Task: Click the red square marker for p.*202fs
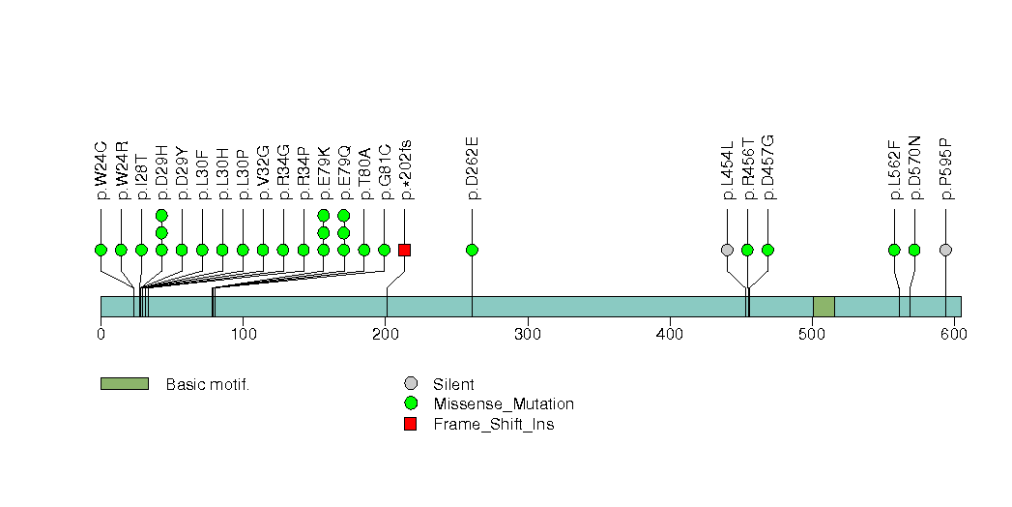point(405,250)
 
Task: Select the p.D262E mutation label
point(473,168)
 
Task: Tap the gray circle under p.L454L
point(728,250)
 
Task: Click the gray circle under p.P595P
point(945,250)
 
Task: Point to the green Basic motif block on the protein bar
point(824,307)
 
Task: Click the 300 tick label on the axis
point(528,334)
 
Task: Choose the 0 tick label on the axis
point(101,334)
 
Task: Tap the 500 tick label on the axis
point(812,334)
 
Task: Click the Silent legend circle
point(410,384)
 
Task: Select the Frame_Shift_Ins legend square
point(410,424)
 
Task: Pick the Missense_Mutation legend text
point(504,404)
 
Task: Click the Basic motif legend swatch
point(125,384)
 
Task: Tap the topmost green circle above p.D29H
point(161,215)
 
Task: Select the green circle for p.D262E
point(472,250)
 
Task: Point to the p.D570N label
point(914,168)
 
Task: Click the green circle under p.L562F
point(894,250)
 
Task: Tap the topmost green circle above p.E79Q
point(344,215)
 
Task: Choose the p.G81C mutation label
point(385,171)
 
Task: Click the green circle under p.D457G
point(767,250)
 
